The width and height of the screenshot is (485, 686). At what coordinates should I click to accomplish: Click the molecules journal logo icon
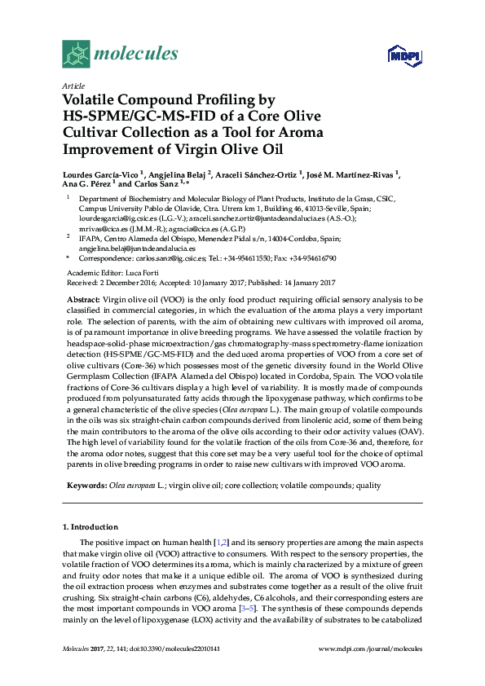(x=75, y=55)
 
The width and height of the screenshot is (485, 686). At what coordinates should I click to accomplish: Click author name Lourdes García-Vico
(x=100, y=174)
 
